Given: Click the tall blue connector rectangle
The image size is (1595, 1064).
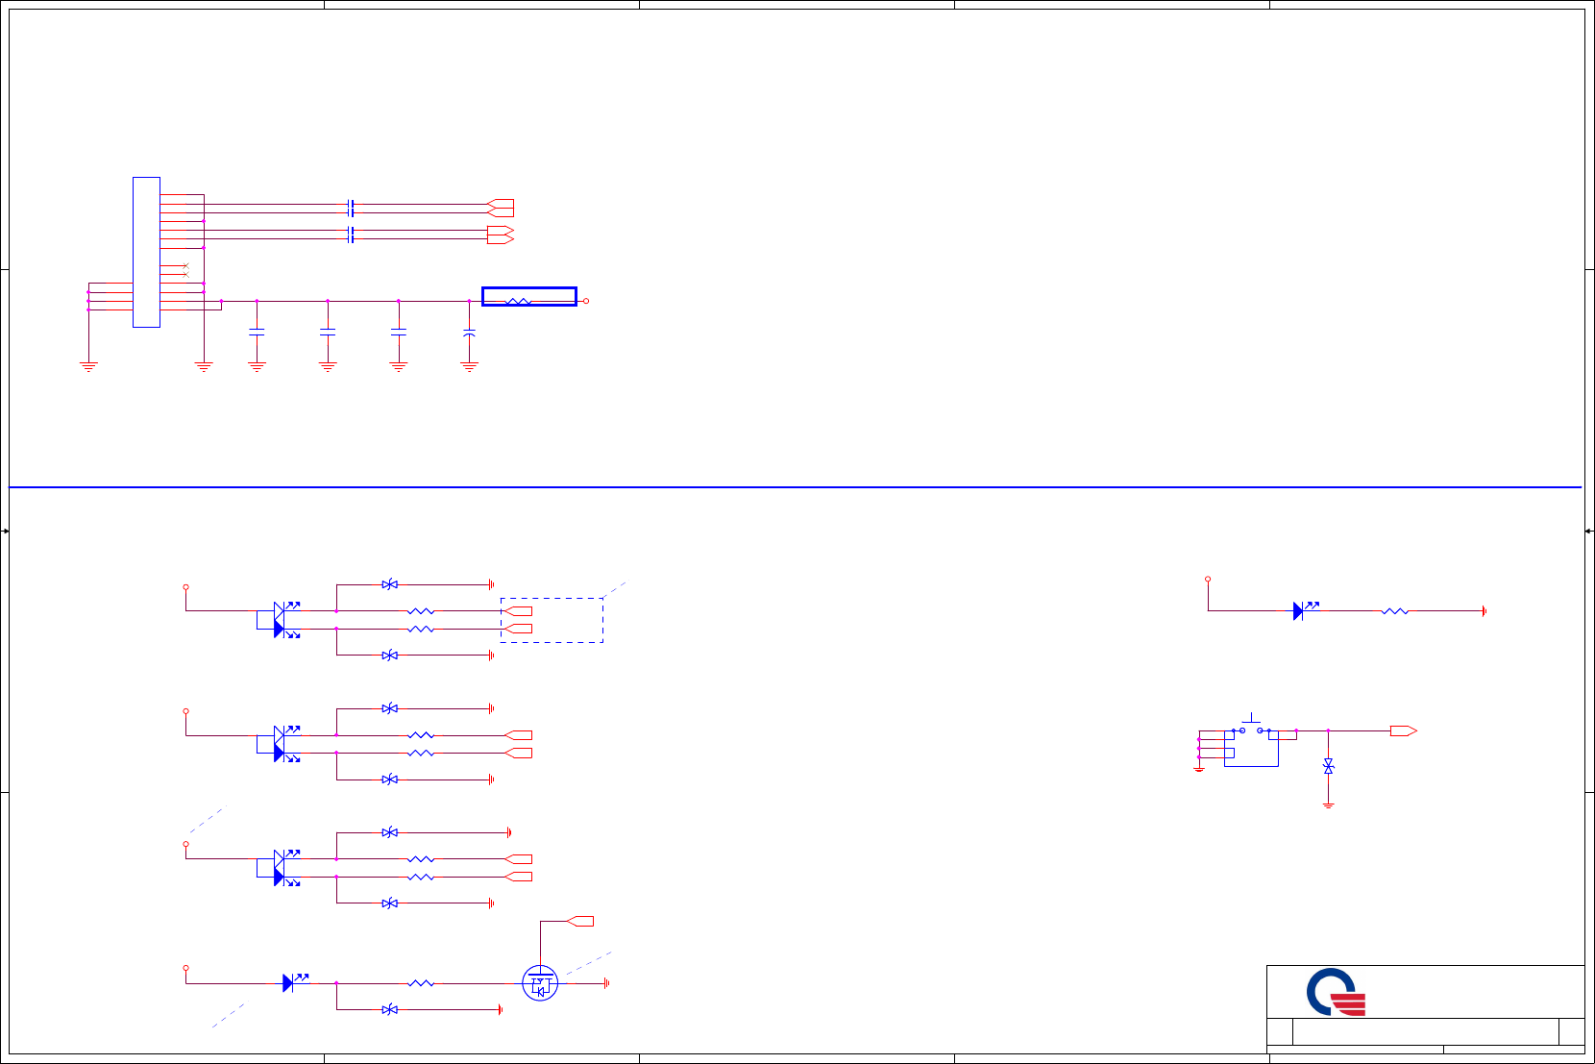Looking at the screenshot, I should point(146,252).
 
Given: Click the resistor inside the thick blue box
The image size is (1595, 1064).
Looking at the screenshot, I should point(518,301).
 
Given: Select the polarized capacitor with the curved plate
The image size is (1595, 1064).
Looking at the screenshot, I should point(469,333).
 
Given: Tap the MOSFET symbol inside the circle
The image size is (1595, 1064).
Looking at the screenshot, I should point(540,983).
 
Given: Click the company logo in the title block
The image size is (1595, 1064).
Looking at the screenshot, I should point(1336,993).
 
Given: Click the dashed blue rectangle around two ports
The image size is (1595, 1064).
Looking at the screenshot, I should point(552,620).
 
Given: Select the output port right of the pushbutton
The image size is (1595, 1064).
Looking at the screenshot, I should point(1403,731).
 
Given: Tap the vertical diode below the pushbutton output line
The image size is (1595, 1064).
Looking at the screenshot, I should point(1328,766).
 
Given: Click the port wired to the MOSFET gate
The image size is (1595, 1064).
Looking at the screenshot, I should point(580,921).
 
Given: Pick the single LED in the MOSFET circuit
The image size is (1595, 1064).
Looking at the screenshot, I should point(289,982).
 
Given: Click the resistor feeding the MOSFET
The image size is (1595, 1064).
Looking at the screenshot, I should point(421,983).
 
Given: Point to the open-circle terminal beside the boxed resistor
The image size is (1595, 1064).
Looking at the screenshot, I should point(586,301).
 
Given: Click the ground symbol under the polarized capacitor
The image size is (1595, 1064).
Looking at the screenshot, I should point(469,366).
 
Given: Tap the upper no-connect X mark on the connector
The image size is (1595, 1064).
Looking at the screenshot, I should point(185,265).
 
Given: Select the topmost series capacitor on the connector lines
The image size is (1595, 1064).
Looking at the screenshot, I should point(351,208).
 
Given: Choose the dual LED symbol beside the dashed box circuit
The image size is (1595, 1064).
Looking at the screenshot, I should point(280,620).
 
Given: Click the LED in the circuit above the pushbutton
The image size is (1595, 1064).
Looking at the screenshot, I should point(1299,610).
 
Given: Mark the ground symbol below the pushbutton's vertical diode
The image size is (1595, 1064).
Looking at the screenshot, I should point(1328,805).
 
